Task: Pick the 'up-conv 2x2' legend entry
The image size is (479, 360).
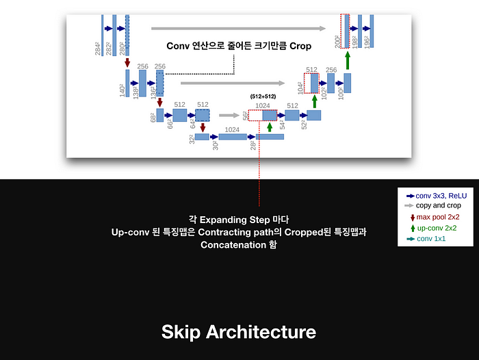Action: pyautogui.click(x=437, y=228)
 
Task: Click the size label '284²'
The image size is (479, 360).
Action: pyautogui.click(x=99, y=48)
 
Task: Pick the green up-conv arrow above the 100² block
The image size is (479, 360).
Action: pyautogui.click(x=348, y=61)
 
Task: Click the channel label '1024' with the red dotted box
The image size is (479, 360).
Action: pyautogui.click(x=262, y=105)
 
